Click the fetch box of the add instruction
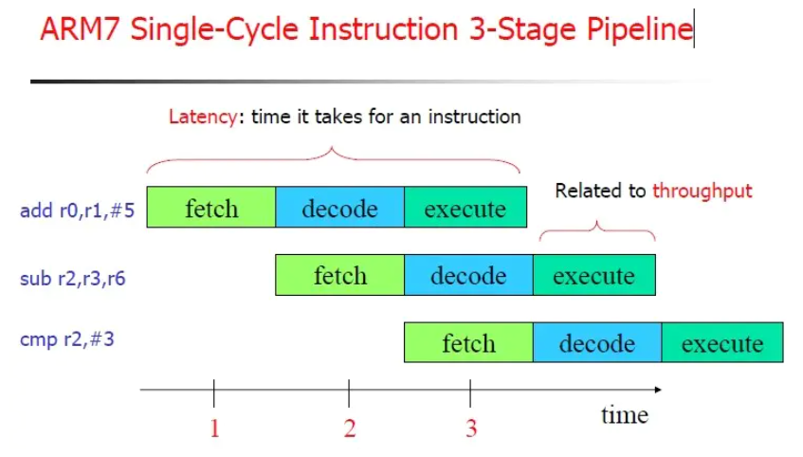click(211, 208)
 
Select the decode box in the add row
click(339, 208)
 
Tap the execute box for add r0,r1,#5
click(465, 208)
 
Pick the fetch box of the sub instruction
click(339, 275)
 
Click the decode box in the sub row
click(468, 275)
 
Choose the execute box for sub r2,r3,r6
click(593, 275)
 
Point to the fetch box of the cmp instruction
click(468, 342)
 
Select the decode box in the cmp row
click(596, 342)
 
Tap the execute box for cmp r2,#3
click(721, 342)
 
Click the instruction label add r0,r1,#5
click(78, 210)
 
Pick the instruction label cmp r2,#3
click(67, 338)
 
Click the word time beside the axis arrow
click(625, 414)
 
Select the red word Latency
click(200, 118)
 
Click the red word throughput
click(703, 191)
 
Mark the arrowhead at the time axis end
click(657, 389)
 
